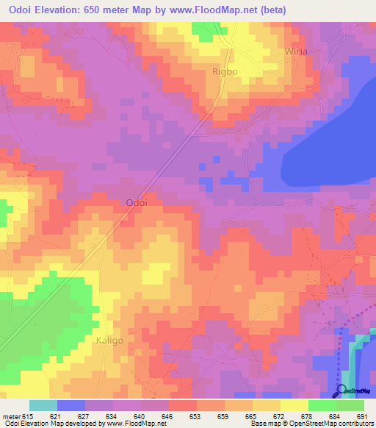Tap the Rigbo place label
(224, 71)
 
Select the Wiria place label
(296, 51)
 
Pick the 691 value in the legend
(361, 417)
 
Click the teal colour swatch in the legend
(43, 405)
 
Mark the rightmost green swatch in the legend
(350, 405)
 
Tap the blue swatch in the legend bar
(71, 405)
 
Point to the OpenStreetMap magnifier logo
(341, 390)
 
